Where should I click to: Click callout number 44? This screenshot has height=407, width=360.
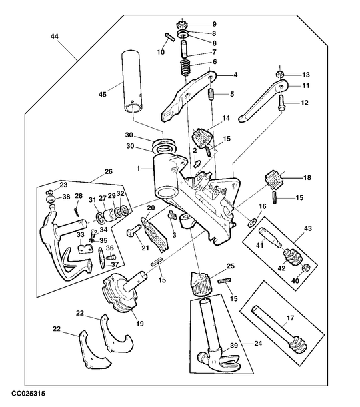tap(55, 37)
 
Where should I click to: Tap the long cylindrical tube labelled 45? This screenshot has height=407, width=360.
tap(132, 83)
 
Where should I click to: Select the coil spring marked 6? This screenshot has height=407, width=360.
tap(186, 67)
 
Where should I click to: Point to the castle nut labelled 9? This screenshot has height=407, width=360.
tap(182, 25)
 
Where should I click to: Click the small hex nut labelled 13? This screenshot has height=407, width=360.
tap(279, 75)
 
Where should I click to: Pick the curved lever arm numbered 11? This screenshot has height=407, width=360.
tap(263, 101)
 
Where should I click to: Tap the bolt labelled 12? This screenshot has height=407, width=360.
tap(281, 103)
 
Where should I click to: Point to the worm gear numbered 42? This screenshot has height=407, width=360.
tap(293, 259)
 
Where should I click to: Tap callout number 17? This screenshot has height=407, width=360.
tap(290, 318)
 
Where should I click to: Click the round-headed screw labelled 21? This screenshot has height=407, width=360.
tap(133, 230)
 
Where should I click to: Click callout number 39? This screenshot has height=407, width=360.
tap(234, 345)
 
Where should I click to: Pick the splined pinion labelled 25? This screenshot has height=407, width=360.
tap(201, 283)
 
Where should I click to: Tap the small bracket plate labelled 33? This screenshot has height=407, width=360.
tap(85, 249)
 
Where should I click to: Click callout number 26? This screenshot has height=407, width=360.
tap(109, 171)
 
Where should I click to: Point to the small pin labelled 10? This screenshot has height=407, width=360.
tap(170, 36)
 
